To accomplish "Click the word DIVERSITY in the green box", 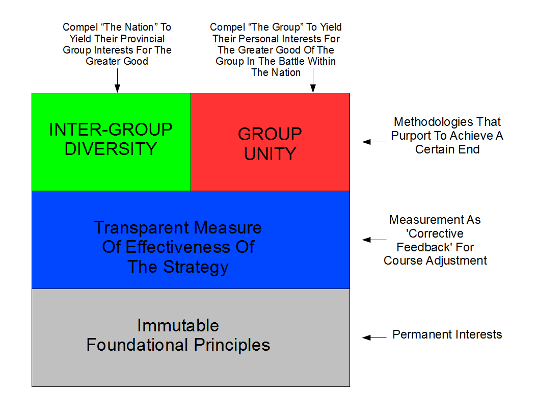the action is point(111,149).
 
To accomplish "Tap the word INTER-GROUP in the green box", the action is point(111,129).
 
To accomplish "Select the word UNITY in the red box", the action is point(270,154).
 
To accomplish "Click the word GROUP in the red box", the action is point(270,134).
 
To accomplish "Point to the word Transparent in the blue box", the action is point(141,228).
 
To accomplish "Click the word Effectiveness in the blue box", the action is point(178,247).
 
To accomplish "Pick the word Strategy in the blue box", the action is point(196,267).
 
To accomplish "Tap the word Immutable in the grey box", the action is point(178,325).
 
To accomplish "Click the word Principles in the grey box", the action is point(232,346).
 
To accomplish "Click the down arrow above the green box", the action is point(117,81).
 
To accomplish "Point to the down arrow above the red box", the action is point(313,81).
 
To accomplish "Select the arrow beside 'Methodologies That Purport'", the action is point(374,142).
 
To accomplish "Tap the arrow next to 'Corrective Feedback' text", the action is point(374,240).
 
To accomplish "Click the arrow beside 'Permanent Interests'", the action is point(374,337).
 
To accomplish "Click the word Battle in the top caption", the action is point(291,61).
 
